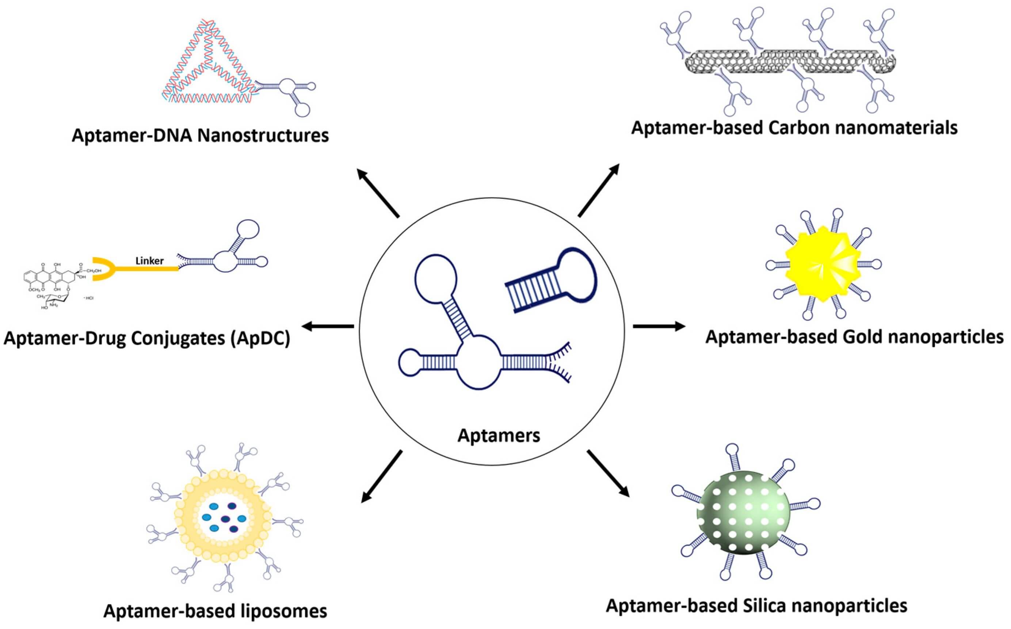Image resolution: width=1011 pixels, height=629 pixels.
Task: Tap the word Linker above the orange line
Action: [149, 261]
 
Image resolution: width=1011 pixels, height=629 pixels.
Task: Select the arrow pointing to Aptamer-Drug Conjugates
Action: [328, 326]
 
